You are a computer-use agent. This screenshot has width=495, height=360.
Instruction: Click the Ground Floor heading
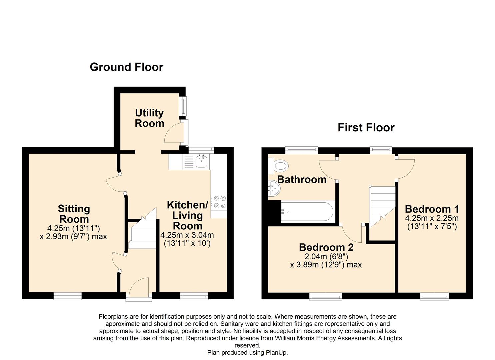pyautogui.click(x=126, y=67)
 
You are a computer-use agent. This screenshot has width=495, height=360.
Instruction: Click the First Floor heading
pyautogui.click(x=366, y=127)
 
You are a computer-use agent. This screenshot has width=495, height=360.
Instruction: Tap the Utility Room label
pyautogui.click(x=149, y=118)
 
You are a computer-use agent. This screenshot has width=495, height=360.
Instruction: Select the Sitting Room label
pyautogui.click(x=74, y=214)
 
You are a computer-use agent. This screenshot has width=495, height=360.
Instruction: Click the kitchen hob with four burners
pyautogui.click(x=219, y=202)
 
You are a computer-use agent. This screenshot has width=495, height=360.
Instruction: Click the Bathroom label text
pyautogui.click(x=302, y=179)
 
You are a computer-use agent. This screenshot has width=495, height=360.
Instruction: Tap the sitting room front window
pyautogui.click(x=68, y=296)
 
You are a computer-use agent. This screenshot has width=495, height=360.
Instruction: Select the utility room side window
pyautogui.click(x=183, y=106)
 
